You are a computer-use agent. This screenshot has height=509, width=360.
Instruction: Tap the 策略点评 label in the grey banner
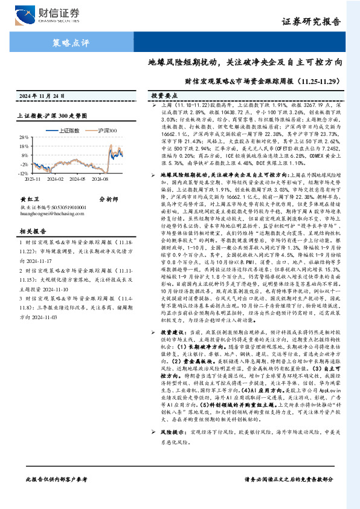point(71,43)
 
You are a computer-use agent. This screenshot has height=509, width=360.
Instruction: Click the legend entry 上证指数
point(66,130)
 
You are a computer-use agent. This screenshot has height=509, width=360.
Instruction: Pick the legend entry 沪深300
point(106,130)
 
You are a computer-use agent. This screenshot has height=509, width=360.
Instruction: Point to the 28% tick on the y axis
point(22,137)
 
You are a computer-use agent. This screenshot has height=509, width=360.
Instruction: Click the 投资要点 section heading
point(164,96)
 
